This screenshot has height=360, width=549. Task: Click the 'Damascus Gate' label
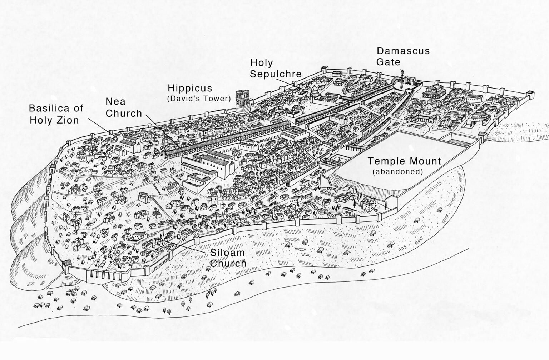pos(403,56)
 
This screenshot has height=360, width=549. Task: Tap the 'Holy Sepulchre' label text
pos(275,68)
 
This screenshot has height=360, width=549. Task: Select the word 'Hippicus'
pos(190,88)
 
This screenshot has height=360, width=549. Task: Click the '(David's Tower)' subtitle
pos(199,99)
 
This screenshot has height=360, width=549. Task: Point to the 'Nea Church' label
pos(124,107)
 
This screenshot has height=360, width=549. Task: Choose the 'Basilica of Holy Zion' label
pos(56,114)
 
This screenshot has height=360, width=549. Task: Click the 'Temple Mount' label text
pos(404,161)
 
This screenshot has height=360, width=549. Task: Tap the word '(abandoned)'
pos(397,172)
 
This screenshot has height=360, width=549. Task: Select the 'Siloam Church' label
pos(228,258)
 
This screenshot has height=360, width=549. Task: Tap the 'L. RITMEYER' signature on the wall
pos(160,263)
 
